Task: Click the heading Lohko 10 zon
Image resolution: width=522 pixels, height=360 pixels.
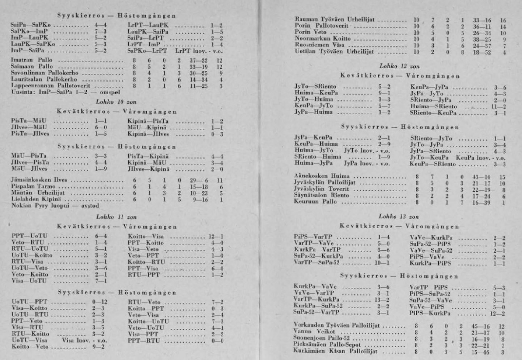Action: (111, 103)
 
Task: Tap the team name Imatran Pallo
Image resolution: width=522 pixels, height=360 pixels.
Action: (28, 60)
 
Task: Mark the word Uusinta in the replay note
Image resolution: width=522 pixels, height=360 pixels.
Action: (20, 92)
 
